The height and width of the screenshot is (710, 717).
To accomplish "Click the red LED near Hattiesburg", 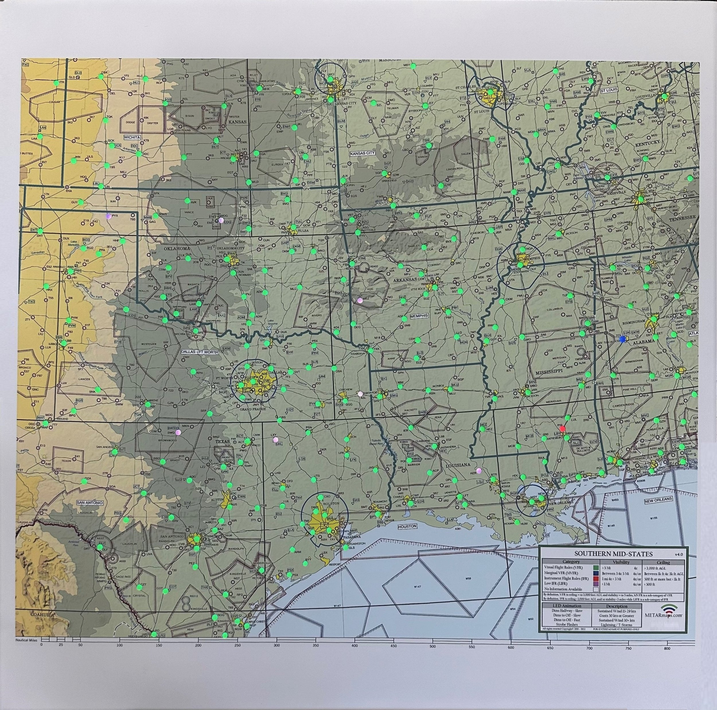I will tap(562, 428).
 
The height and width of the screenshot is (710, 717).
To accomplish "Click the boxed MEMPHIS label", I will tap(419, 316).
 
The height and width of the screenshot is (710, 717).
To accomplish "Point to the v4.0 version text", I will tap(678, 554).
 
